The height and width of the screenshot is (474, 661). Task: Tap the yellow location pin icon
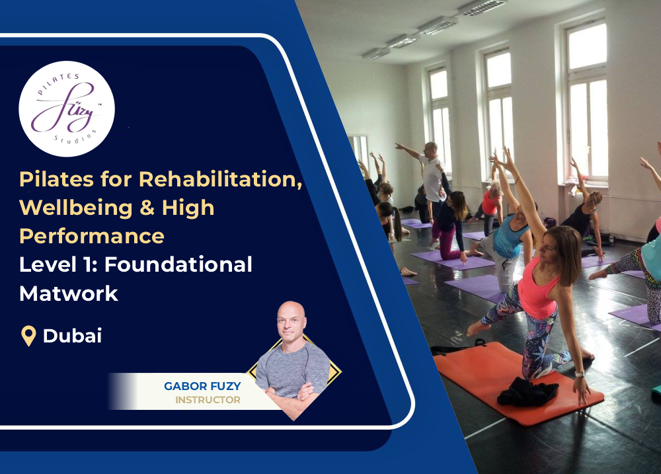28,336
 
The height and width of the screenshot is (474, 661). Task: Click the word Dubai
73,336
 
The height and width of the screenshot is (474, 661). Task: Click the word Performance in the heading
92,236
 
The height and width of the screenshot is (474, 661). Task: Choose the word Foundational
178,264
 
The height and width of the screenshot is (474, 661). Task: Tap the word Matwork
69,293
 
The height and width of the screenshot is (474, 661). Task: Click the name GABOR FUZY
202,386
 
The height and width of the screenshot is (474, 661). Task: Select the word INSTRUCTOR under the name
208,400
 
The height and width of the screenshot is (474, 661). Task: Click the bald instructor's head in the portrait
292,321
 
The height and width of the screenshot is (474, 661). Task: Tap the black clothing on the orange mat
527,393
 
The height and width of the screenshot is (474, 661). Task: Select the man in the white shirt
432,175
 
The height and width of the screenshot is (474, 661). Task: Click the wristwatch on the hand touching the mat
580,374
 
